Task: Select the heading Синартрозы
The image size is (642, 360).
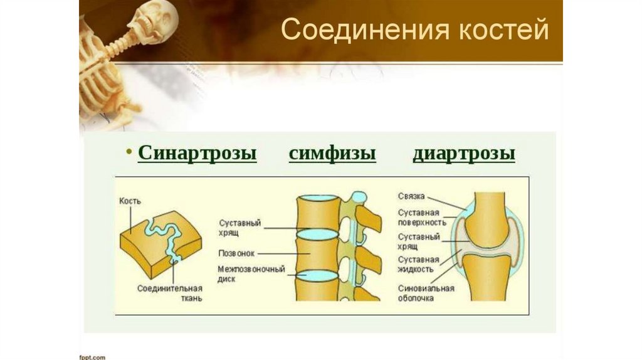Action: [x=197, y=154]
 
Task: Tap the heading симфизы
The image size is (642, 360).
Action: [x=332, y=154]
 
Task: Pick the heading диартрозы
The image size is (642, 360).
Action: [x=464, y=154]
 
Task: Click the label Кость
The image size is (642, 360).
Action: [x=130, y=201]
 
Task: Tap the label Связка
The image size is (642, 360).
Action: [x=410, y=197]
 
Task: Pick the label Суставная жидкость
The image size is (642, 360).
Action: [x=418, y=263]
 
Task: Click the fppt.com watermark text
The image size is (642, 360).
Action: [x=91, y=356]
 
